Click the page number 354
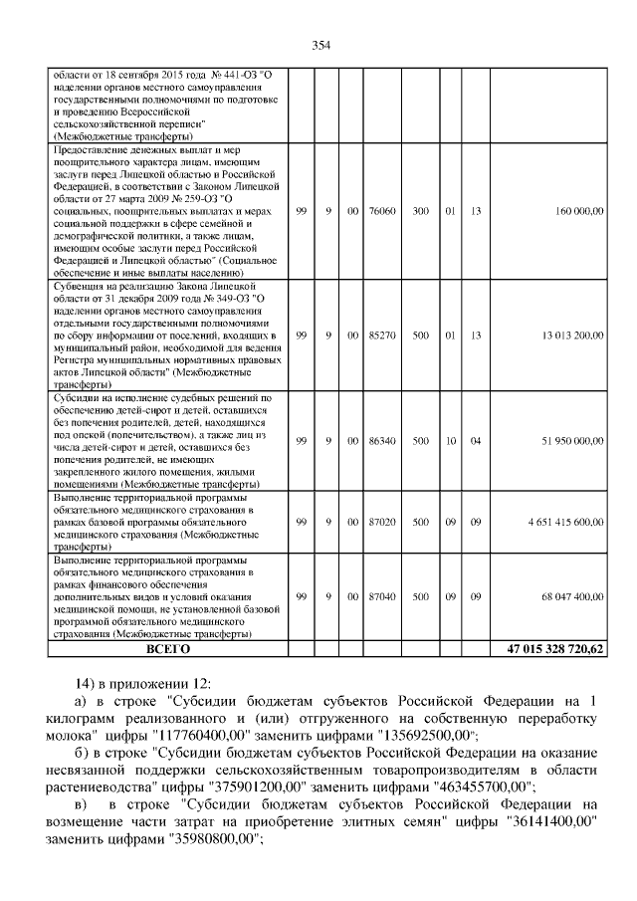319,45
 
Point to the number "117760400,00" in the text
206,736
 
